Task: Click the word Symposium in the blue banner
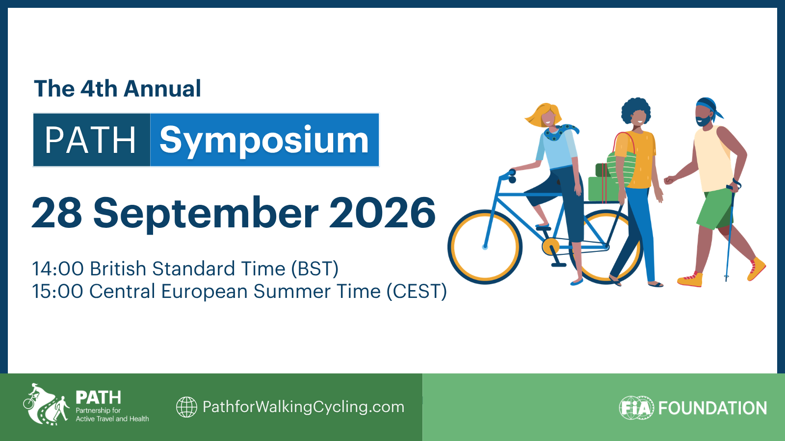(264, 141)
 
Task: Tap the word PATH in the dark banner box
(90, 140)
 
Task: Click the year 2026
(382, 213)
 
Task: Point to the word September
(206, 214)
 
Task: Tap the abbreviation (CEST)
(417, 291)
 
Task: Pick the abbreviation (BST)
(314, 269)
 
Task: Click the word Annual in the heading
(162, 89)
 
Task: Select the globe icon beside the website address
(186, 407)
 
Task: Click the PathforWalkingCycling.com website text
(304, 407)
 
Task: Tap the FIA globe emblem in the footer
(636, 408)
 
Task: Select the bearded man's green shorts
(715, 209)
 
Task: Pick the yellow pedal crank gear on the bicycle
(550, 246)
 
